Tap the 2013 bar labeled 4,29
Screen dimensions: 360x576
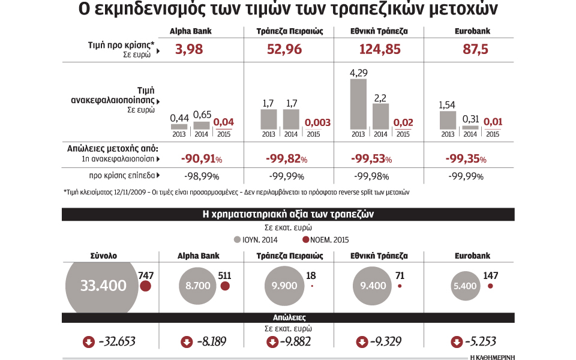click(x=358, y=104)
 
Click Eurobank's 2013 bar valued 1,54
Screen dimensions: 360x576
click(x=448, y=120)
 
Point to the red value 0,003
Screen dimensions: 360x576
click(x=317, y=122)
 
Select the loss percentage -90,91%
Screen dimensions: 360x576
click(x=202, y=159)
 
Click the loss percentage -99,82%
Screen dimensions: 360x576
click(x=286, y=159)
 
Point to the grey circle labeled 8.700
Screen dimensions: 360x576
click(x=198, y=286)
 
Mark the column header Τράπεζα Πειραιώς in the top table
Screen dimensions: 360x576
click(x=287, y=31)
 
